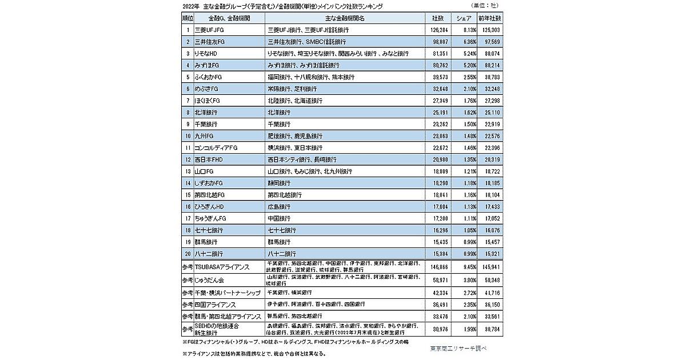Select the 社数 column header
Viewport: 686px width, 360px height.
coord(438,19)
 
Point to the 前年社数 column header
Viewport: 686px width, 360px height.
coord(494,19)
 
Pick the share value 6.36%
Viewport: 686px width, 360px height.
coord(467,42)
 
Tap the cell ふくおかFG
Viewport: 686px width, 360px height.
coord(208,77)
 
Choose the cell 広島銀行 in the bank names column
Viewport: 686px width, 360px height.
coord(280,206)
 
